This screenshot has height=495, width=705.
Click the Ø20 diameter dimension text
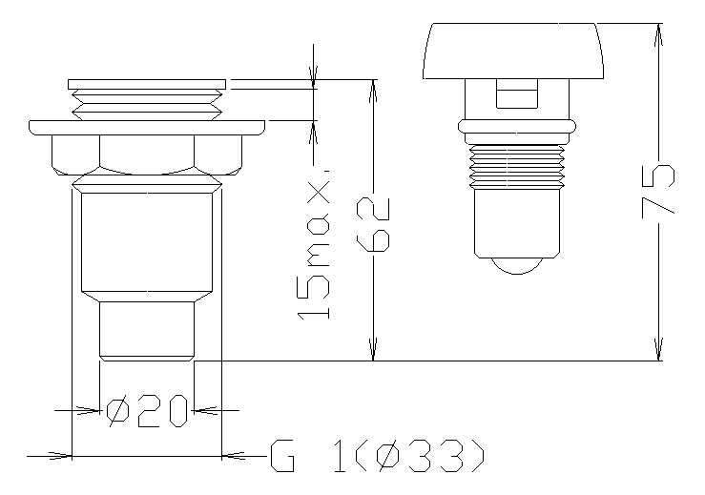[x=147, y=410]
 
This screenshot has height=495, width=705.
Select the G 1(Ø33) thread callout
[x=378, y=456]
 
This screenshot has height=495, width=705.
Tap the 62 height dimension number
[x=373, y=224]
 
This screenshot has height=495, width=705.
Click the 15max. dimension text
[x=313, y=245]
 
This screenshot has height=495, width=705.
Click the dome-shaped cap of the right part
[x=513, y=51]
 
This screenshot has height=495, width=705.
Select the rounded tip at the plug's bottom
[x=517, y=266]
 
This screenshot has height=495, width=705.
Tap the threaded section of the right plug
[x=517, y=166]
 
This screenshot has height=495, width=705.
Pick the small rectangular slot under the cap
[x=517, y=93]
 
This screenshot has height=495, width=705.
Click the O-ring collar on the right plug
[x=517, y=126]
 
